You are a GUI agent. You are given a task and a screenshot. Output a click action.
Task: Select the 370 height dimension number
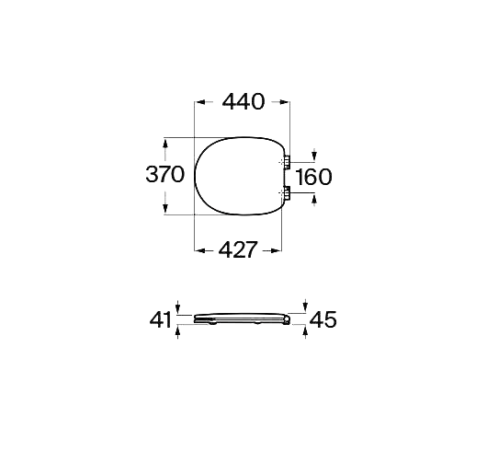tap(165, 175)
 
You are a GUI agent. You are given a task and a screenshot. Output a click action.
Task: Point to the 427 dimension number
tap(237, 249)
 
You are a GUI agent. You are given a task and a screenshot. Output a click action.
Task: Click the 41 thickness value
tap(161, 319)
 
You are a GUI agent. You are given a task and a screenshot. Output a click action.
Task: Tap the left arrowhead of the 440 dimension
tap(199, 102)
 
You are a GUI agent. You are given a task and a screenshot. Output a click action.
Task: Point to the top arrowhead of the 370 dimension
tap(165, 143)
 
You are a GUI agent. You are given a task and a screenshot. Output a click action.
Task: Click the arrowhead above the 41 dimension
tap(178, 308)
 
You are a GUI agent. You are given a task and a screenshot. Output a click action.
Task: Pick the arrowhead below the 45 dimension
tap(305, 330)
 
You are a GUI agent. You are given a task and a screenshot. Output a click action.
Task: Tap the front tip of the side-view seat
tap(197, 318)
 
